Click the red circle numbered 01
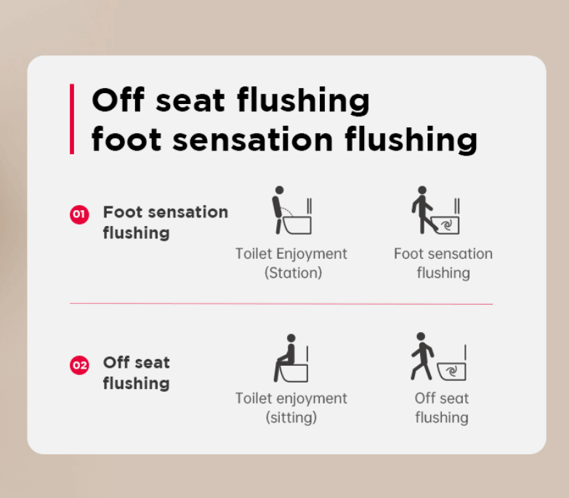coord(79,214)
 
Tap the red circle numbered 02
coord(79,365)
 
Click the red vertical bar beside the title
coord(72,119)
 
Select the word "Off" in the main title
coord(118,100)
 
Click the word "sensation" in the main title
coord(253,140)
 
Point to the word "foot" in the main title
coord(126,139)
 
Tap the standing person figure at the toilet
coord(278,210)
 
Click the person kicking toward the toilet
coord(423,210)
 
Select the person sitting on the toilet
coord(285,358)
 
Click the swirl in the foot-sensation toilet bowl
coord(447,225)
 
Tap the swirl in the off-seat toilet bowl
coord(452,372)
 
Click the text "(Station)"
coord(293,273)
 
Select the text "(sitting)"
coord(291,417)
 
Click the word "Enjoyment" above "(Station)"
coord(311,254)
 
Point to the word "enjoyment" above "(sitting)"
coord(311,398)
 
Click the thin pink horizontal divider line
coord(281,303)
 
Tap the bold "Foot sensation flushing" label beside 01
coord(166,222)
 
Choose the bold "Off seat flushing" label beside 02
coord(137,372)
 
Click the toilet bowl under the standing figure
coord(297,225)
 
